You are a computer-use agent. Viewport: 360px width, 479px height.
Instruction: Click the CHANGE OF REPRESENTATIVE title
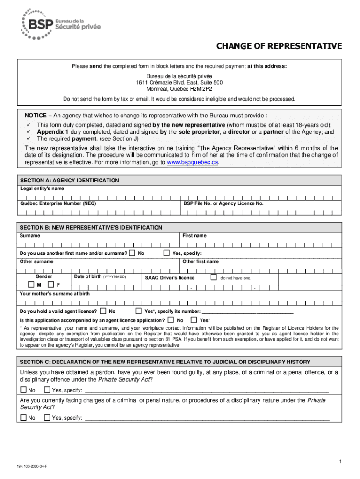(x=278, y=46)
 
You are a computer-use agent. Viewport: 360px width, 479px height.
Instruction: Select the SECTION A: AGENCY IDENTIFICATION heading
(x=69, y=181)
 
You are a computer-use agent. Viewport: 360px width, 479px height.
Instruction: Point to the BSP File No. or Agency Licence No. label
(x=223, y=204)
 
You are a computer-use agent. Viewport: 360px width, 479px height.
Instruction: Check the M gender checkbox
(x=31, y=284)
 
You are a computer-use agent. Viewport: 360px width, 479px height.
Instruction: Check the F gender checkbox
(x=50, y=284)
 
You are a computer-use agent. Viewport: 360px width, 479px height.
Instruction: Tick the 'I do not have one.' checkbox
(x=214, y=277)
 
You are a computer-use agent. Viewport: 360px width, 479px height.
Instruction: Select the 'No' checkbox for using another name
(x=132, y=253)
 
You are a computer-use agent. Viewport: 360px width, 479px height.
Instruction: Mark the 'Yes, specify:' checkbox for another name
(x=166, y=253)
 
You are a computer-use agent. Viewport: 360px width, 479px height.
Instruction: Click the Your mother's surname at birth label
(x=55, y=294)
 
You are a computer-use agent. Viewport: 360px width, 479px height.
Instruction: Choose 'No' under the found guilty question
(x=23, y=390)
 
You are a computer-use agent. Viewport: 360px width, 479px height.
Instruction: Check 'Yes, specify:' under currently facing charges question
(x=47, y=418)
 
